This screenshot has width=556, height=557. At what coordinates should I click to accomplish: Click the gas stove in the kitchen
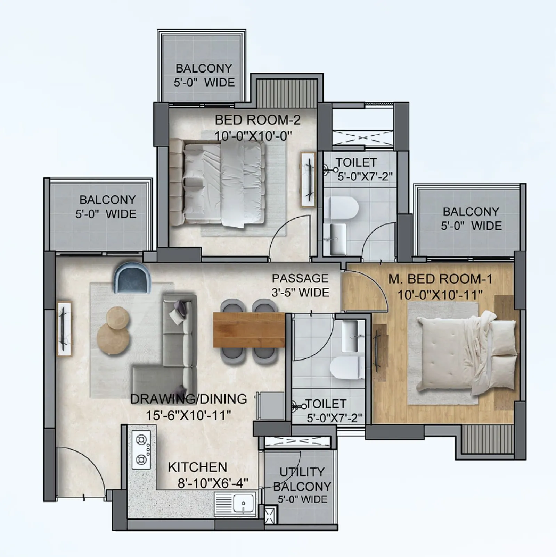tap(141, 450)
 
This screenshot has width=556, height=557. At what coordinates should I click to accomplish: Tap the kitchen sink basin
tap(243, 503)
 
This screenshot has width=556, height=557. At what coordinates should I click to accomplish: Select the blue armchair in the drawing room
tap(132, 277)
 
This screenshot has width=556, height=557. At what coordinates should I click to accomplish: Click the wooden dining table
tap(249, 329)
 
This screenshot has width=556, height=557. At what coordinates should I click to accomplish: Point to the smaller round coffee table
tap(117, 317)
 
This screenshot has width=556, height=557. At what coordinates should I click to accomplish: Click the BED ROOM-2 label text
tap(257, 120)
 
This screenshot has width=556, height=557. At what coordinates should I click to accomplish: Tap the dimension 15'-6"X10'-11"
tap(188, 415)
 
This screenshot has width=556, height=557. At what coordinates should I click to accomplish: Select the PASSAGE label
tap(300, 278)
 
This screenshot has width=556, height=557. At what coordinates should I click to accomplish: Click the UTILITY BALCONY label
tap(302, 479)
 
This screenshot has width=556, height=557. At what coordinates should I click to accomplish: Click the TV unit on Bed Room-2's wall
tap(308, 179)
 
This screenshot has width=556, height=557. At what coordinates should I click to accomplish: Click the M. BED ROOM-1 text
tap(440, 279)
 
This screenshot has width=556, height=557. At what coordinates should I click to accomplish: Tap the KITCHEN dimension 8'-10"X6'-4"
tap(213, 483)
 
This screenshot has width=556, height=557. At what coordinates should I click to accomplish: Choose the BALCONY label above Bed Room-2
tap(204, 68)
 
